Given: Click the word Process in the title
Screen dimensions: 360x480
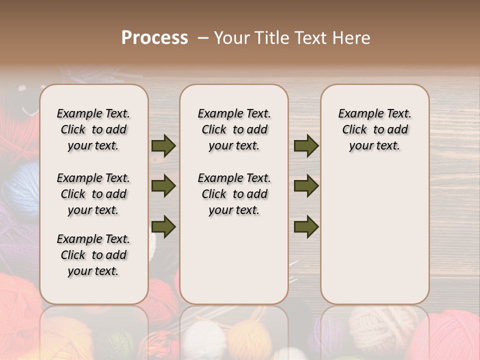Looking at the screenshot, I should click(x=154, y=38).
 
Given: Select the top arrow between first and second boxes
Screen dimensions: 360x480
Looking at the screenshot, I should click(x=163, y=145).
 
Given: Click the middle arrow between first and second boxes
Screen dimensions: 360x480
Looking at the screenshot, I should click(x=163, y=186).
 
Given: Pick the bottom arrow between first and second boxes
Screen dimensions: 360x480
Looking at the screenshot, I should click(x=163, y=226).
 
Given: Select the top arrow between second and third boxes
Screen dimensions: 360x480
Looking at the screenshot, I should click(x=306, y=145).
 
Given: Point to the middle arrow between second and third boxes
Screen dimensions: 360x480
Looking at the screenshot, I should click(x=306, y=186).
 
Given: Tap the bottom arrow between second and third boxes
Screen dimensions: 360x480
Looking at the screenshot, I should click(x=306, y=226).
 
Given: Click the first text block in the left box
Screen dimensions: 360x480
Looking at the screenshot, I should click(x=93, y=129).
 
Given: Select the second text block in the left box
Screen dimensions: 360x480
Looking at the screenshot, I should click(x=93, y=194).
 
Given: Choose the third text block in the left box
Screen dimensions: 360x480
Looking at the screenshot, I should click(x=93, y=255).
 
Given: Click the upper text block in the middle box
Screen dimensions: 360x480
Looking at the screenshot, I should click(x=234, y=129).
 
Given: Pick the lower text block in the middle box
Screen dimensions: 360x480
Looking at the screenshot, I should click(x=234, y=194).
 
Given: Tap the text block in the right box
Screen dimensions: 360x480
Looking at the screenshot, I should click(x=375, y=129).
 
